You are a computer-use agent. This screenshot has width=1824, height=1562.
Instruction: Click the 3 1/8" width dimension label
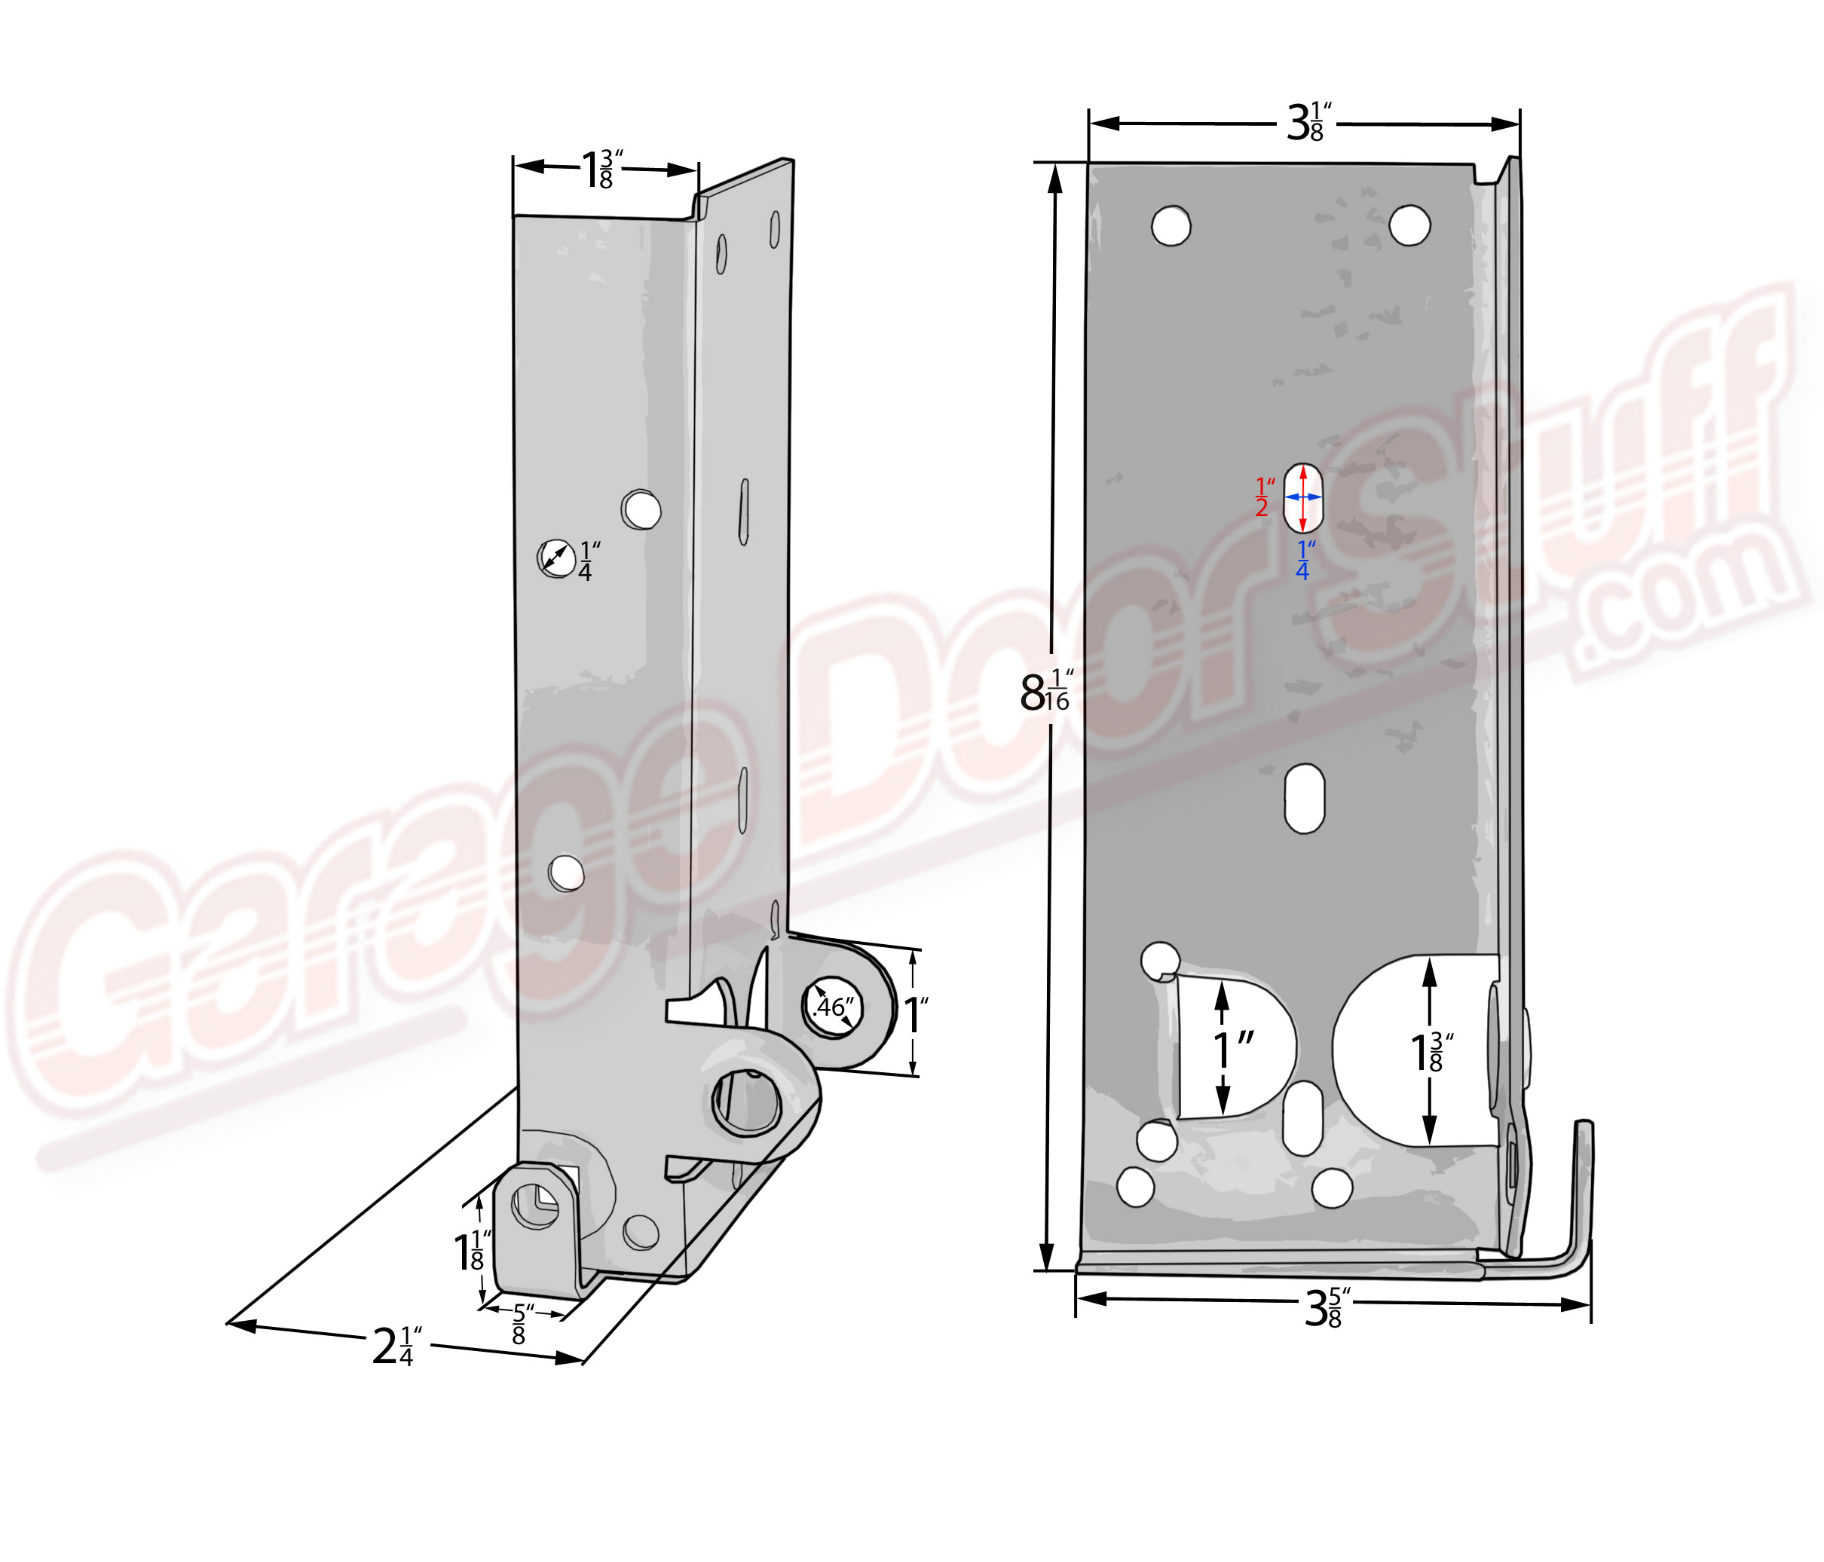pyautogui.click(x=1309, y=121)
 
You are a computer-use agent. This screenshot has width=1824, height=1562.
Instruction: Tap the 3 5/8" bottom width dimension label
pyautogui.click(x=1327, y=1307)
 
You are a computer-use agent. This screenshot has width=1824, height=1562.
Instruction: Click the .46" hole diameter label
pyautogui.click(x=833, y=1006)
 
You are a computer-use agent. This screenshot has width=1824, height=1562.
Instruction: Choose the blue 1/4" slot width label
pyautogui.click(x=1305, y=560)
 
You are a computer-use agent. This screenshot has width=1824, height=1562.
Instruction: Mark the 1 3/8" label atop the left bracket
pyautogui.click(x=602, y=169)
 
